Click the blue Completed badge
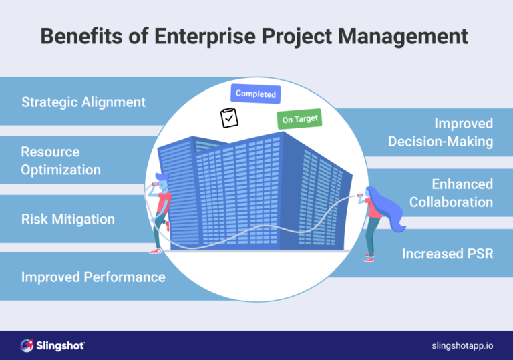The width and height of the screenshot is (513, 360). click(x=256, y=94)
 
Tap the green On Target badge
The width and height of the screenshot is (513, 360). click(x=300, y=119)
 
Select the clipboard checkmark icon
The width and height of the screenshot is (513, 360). click(x=229, y=118)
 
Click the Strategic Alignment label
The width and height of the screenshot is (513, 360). click(x=83, y=102)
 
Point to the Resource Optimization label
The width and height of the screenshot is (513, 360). click(x=61, y=161)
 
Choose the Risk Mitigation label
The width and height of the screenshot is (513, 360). click(x=68, y=219)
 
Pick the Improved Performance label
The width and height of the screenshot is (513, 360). click(x=94, y=277)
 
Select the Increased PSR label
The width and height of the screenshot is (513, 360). click(x=448, y=254)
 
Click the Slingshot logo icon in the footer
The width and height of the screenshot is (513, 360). click(x=27, y=345)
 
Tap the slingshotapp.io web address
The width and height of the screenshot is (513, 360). click(x=462, y=345)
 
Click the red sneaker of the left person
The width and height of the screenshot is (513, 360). click(x=156, y=251)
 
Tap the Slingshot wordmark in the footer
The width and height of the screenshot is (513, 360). click(x=62, y=345)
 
